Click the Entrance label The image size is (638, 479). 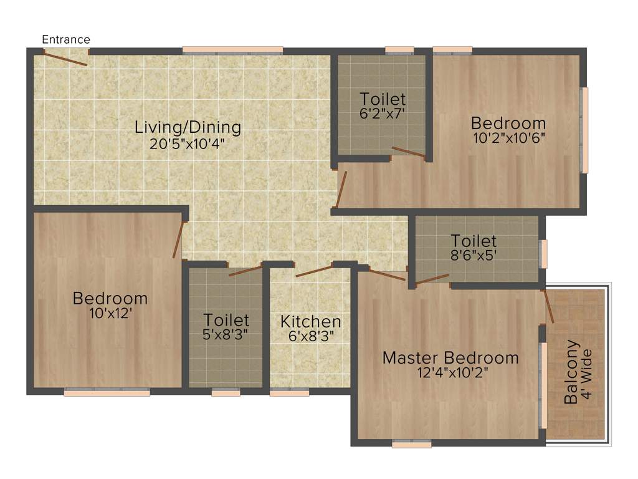(65, 39)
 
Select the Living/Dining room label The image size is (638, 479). (188, 127)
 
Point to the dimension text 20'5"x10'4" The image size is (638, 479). (186, 143)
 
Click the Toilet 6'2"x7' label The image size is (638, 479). (383, 99)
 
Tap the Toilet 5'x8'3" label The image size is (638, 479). (226, 320)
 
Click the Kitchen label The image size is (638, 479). (310, 322)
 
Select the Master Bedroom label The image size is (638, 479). (450, 358)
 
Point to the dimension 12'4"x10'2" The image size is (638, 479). (450, 373)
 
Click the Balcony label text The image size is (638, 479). (571, 372)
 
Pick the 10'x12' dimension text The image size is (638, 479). (110, 313)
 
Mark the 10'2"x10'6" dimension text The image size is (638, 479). (508, 138)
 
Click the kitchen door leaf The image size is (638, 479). (314, 271)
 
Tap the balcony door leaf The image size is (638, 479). (548, 306)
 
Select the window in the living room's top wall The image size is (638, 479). (232, 51)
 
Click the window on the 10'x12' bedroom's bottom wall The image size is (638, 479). (107, 393)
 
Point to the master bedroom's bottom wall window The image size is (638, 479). (411, 444)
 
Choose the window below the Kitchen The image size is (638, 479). (289, 393)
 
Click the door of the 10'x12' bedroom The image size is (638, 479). (179, 239)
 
